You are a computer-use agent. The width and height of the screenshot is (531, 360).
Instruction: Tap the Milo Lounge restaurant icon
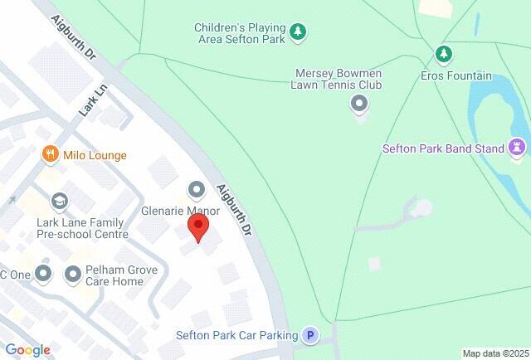(x=51, y=154)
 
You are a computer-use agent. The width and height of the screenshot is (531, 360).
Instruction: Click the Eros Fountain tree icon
(x=444, y=55)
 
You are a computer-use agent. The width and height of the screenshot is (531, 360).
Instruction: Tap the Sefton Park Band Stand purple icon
(x=519, y=148)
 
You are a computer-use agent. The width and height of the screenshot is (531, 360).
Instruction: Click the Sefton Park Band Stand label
(x=443, y=148)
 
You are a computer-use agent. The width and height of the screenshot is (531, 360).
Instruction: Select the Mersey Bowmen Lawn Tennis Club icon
(x=359, y=104)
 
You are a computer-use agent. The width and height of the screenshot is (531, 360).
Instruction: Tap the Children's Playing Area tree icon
(x=298, y=32)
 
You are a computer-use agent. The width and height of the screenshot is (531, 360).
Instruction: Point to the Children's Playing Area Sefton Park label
(x=239, y=32)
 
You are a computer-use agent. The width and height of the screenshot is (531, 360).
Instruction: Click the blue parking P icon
(x=310, y=335)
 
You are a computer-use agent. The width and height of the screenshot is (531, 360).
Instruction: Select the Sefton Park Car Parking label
(x=236, y=335)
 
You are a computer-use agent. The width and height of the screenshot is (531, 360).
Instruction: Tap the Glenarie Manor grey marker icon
(x=197, y=190)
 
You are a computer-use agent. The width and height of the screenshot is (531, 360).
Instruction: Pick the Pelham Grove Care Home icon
(x=73, y=273)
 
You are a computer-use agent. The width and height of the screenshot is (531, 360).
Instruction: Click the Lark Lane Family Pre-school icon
(x=59, y=201)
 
